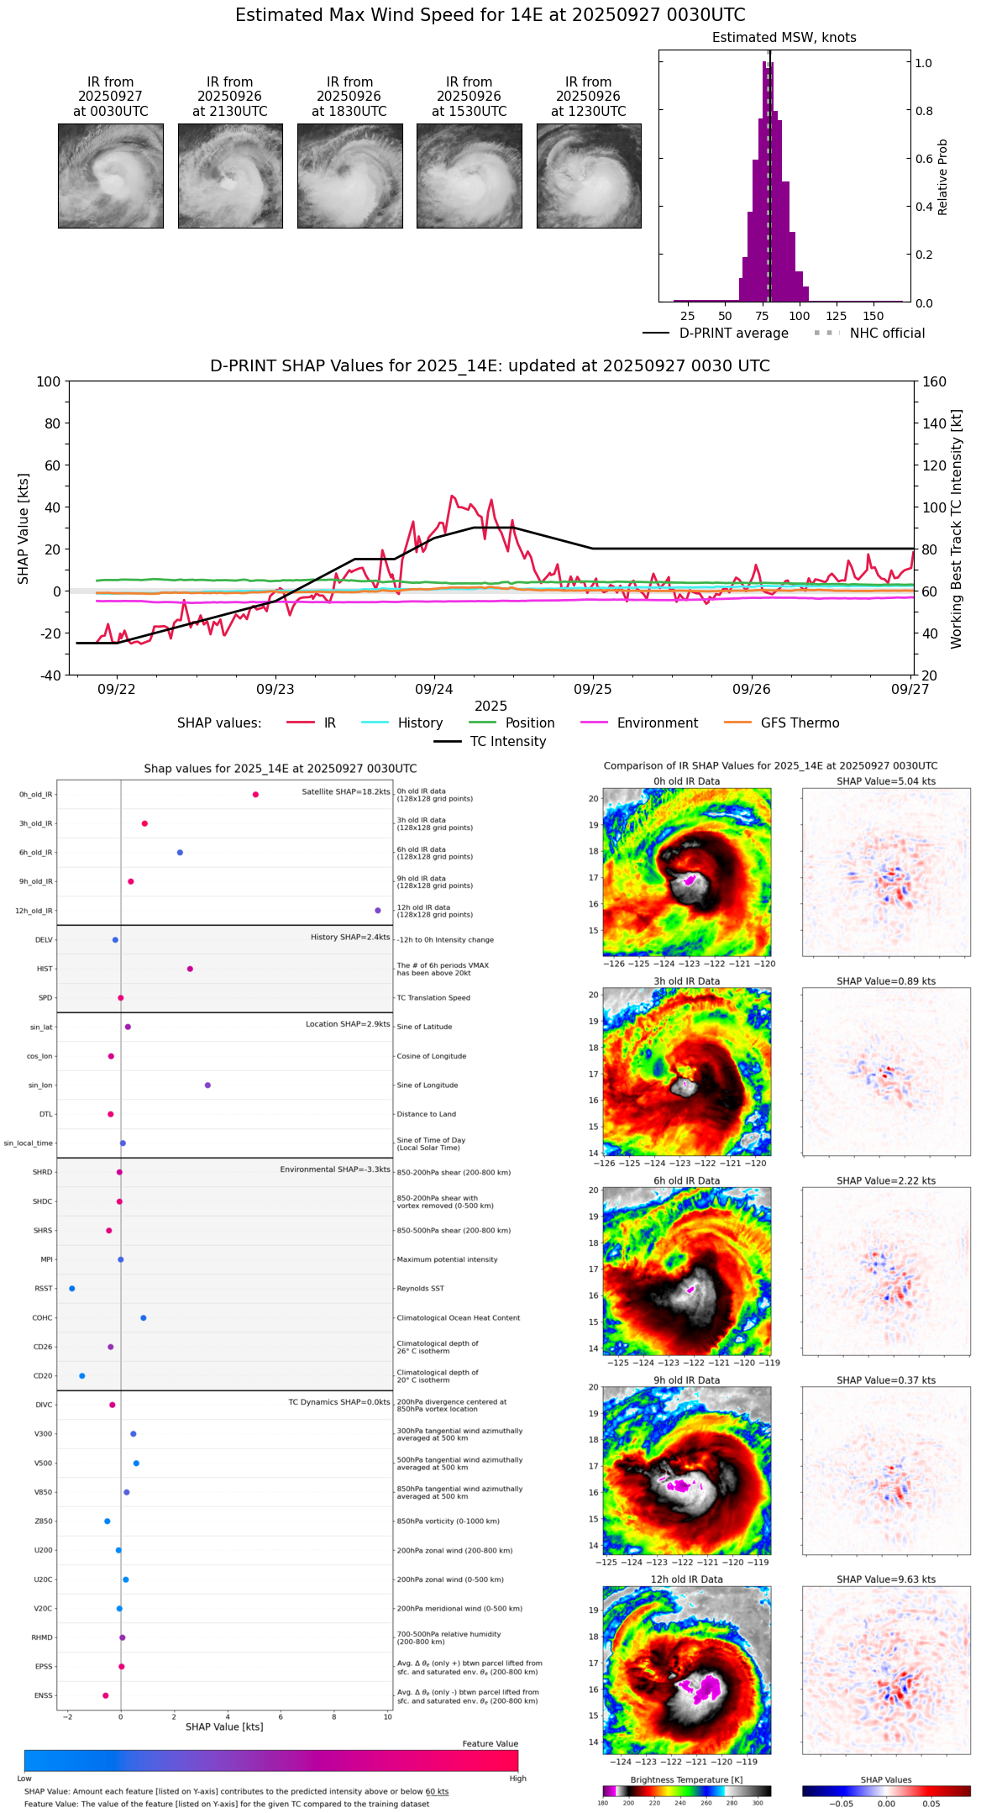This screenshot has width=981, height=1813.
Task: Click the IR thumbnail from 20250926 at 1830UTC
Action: tap(349, 176)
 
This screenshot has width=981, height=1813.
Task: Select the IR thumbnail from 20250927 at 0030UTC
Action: tap(111, 176)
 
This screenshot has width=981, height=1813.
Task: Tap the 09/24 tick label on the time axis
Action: tap(433, 689)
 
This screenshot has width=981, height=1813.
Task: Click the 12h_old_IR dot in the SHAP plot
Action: tap(378, 911)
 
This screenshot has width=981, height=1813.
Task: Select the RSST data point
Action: tap(72, 1288)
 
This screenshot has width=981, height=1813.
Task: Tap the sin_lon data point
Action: tap(207, 1085)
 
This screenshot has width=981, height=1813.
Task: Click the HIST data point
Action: tap(190, 969)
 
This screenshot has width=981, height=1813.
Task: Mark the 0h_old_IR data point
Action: tap(255, 795)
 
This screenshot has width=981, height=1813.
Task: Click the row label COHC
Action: tap(42, 1317)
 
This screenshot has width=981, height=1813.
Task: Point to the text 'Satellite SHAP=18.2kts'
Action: tap(345, 791)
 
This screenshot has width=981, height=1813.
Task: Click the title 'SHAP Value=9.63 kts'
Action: tap(886, 1579)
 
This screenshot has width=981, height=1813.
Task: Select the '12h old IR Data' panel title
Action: tap(686, 1579)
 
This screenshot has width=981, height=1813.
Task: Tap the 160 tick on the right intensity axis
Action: tap(935, 381)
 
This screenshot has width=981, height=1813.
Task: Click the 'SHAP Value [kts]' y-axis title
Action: tap(24, 528)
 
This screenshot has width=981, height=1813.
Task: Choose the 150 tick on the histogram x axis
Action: tap(873, 316)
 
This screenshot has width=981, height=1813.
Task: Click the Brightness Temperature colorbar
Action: tap(686, 1791)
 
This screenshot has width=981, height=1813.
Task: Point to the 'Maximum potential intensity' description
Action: tap(447, 1259)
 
